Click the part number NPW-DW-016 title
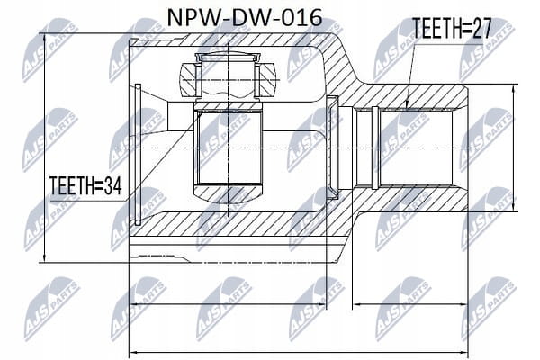pyautogui.click(x=244, y=18)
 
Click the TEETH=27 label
pyautogui.click(x=452, y=29)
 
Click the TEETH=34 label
pyautogui.click(x=85, y=185)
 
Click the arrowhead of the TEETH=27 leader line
pyautogui.click(x=407, y=104)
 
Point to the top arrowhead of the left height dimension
pyautogui.click(x=44, y=39)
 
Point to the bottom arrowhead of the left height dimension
pyautogui.click(x=44, y=257)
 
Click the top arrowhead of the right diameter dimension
pyautogui.click(x=514, y=90)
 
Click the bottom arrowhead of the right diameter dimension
pyautogui.click(x=514, y=206)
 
